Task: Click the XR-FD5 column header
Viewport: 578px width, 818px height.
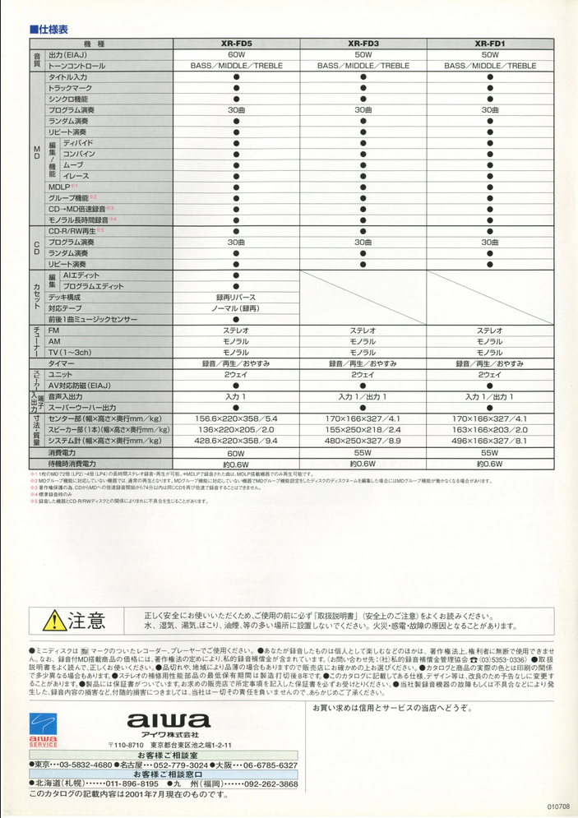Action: (x=236, y=44)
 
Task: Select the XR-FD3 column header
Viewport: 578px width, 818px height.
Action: (x=363, y=44)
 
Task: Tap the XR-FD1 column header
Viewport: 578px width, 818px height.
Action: (x=489, y=44)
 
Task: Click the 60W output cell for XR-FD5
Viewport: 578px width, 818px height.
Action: (x=236, y=54)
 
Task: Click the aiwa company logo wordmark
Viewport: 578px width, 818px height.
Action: (x=169, y=721)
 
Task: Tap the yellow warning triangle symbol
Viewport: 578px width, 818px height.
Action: (x=54, y=620)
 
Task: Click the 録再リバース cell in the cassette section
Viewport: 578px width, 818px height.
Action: (x=236, y=297)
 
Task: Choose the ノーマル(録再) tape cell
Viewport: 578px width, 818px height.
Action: (x=236, y=307)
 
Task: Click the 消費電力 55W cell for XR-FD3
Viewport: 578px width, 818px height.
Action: (x=363, y=453)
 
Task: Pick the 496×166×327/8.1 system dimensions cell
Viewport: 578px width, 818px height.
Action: (x=489, y=441)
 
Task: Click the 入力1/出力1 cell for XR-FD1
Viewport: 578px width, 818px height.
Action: (x=489, y=396)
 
